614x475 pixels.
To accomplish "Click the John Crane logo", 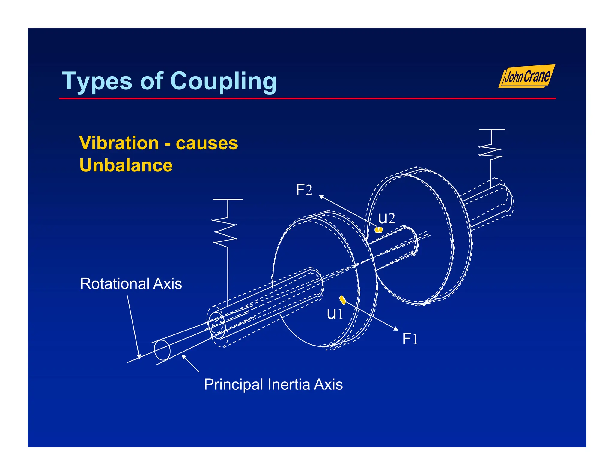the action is pyautogui.click(x=527, y=77).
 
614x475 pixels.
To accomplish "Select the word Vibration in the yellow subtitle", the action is pyautogui.click(x=119, y=143).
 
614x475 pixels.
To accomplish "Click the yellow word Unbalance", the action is pyautogui.click(x=126, y=165).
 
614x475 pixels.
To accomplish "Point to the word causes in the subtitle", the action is pyautogui.click(x=207, y=143).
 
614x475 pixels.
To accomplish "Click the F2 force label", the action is pyautogui.click(x=304, y=190).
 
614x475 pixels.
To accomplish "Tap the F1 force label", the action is pyautogui.click(x=410, y=339).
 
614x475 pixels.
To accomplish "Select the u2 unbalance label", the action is pyautogui.click(x=386, y=218).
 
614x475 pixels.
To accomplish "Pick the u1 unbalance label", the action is pyautogui.click(x=335, y=314).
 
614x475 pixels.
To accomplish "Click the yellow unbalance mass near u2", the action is pyautogui.click(x=379, y=230).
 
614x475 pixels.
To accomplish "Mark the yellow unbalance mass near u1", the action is pyautogui.click(x=342, y=300).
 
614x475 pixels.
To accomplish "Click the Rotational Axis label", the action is pyautogui.click(x=131, y=284).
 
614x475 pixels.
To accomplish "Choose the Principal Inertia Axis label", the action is pyautogui.click(x=273, y=384).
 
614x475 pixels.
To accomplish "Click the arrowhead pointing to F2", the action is pyautogui.click(x=321, y=197).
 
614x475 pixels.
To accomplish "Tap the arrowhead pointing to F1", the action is pyautogui.click(x=396, y=329).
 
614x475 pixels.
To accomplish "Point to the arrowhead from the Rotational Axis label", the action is pyautogui.click(x=139, y=356).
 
